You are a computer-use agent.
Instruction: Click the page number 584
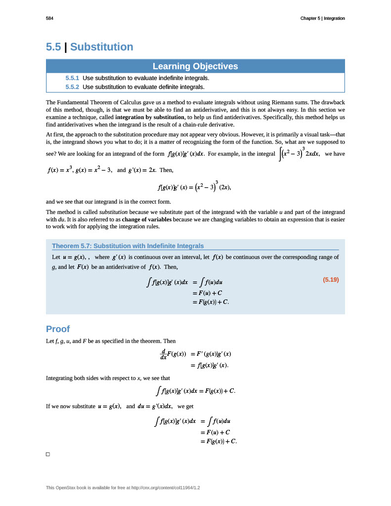tap(49, 18)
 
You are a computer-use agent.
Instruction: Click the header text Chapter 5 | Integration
tap(322, 18)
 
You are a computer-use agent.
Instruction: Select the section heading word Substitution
tap(101, 47)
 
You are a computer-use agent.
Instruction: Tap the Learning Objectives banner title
tap(195, 66)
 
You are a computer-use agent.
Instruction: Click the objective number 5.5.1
tap(72, 78)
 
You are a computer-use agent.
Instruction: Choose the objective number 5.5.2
tap(72, 87)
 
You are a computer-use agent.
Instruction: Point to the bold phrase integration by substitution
tap(150, 118)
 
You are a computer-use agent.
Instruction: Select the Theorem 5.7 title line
tap(128, 246)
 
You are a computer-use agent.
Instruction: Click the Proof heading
tap(58, 329)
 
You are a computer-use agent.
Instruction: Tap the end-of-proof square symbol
tap(48, 454)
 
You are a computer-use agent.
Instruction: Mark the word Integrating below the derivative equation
tap(60, 378)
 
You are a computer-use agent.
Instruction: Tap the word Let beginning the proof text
tap(50, 341)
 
